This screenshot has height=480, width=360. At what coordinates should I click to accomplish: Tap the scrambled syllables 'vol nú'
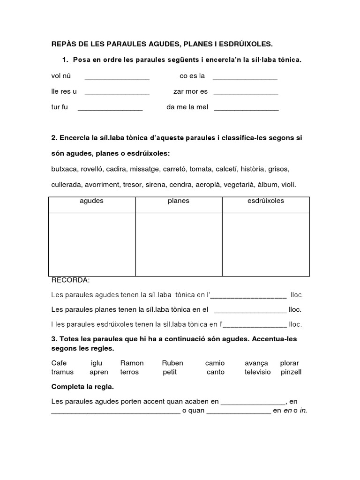point(61,76)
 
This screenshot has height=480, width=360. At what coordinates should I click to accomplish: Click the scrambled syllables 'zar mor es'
point(190,91)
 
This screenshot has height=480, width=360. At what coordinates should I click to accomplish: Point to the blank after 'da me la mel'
point(246,108)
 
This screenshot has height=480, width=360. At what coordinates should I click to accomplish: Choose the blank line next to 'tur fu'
point(110,108)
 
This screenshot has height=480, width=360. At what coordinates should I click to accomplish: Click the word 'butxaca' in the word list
point(64,169)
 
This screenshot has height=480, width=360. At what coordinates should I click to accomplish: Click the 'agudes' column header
point(92,201)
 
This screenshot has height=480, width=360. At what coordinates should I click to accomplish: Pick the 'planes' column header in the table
point(179,201)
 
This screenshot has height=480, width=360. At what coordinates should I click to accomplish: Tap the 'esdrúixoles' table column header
point(265,201)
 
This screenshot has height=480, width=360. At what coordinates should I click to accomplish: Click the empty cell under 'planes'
point(179,244)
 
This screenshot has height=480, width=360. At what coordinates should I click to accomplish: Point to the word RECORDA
point(70,280)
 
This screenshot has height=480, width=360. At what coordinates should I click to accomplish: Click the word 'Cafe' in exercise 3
point(59,363)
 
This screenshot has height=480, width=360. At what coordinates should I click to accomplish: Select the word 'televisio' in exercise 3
point(258,372)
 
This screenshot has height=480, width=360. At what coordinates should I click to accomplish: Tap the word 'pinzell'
point(291,372)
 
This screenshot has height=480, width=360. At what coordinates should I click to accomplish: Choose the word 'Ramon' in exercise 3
point(132,363)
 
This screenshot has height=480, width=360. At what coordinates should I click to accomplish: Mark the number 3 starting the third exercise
point(53,338)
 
